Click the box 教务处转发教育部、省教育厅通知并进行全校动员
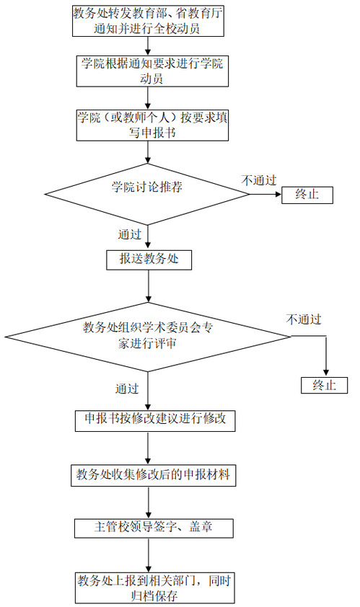tap(148, 21)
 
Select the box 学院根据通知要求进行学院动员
tap(152, 71)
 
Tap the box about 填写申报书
tap(152, 125)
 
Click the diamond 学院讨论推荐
tap(147, 193)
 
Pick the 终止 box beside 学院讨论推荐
tap(307, 195)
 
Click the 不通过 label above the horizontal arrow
tap(258, 180)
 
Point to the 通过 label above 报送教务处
tap(129, 234)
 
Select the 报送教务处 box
tap(149, 260)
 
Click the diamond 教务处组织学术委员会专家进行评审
tap(148, 337)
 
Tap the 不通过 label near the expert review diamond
tap(304, 319)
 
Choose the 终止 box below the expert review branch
tap(325, 385)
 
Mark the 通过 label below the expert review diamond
tap(127, 389)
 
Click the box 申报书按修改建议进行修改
tap(155, 421)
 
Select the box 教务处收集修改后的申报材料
tap(154, 475)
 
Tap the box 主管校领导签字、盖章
tap(154, 528)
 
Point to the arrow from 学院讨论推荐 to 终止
tap(265, 194)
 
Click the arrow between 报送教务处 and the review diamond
tap(149, 286)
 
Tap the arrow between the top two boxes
tap(148, 46)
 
